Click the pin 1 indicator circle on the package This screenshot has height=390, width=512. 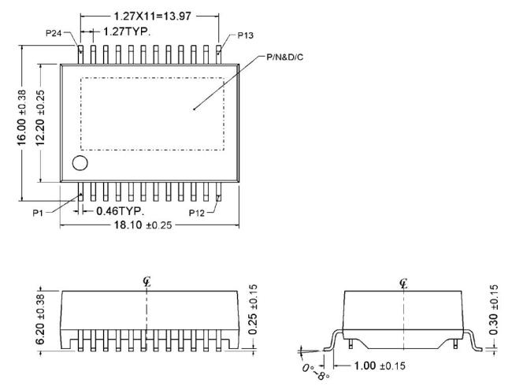point(80,162)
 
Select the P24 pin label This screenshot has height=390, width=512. point(54,33)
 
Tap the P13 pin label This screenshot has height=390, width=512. point(245,35)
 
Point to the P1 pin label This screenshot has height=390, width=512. point(38,214)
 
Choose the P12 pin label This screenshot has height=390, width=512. point(197,214)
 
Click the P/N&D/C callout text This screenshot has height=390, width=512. point(284,58)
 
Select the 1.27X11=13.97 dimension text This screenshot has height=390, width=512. point(152,16)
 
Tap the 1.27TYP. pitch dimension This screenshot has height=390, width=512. point(127,32)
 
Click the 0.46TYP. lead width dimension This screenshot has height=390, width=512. point(121,211)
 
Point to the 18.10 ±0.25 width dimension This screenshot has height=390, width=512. point(143,225)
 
